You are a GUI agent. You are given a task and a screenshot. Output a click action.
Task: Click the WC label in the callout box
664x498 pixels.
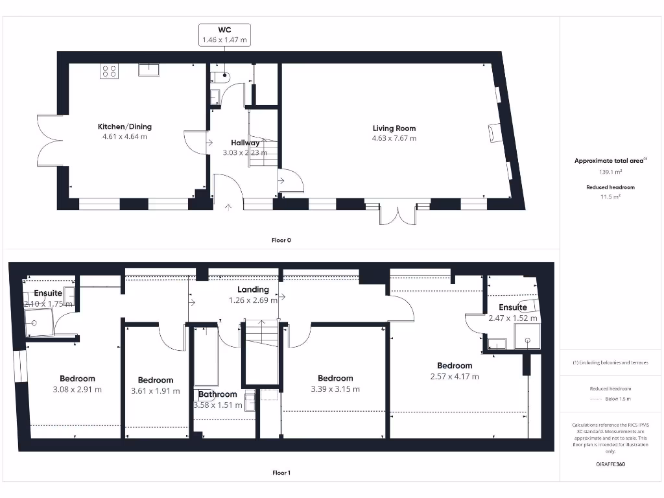coord(224,30)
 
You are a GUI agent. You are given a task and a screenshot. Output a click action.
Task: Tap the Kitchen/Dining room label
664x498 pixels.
coord(124,126)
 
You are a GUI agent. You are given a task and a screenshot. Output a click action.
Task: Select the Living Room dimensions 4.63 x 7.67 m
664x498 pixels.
coord(394,138)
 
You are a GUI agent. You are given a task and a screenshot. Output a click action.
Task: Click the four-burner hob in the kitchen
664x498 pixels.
coord(109,71)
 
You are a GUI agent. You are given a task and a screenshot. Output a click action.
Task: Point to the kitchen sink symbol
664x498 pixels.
coord(148,69)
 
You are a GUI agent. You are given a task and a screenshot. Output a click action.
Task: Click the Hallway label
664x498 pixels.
coord(245,143)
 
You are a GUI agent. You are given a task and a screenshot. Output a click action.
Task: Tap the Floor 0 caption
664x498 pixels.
coord(281,240)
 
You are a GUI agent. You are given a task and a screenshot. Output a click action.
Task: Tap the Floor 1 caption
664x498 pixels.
coord(281,473)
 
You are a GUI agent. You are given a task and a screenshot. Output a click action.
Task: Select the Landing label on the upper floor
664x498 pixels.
coord(253,290)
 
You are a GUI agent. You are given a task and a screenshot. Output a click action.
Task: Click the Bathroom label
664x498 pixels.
coord(217,394)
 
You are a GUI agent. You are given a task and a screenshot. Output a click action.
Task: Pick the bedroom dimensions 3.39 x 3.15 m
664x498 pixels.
coord(335,389)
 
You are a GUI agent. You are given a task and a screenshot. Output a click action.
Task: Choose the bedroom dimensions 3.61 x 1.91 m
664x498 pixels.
coord(156,391)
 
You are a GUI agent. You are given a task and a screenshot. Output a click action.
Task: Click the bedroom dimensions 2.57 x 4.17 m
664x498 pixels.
coord(455,376)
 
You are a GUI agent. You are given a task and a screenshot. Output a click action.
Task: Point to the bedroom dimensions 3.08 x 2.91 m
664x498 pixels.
coord(77,390)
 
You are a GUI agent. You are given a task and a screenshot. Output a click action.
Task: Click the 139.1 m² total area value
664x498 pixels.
coord(610,172)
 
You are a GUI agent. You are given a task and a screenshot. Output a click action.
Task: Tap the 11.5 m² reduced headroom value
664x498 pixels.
coord(610,196)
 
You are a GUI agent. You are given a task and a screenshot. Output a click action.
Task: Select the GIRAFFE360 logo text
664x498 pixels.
coord(610,464)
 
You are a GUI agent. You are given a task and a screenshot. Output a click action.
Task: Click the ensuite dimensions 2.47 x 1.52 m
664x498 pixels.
coord(512,318)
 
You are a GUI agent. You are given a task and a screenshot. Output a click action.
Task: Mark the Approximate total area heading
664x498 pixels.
coord(610,161)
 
